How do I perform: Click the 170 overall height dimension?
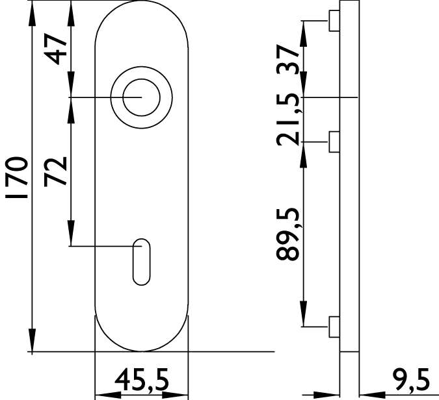(x=16, y=177)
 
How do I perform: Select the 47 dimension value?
(x=55, y=49)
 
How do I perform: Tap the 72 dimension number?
(x=55, y=171)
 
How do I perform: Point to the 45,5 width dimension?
(x=142, y=380)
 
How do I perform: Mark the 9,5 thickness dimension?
(x=412, y=380)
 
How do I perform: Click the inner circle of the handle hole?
(x=141, y=79)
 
